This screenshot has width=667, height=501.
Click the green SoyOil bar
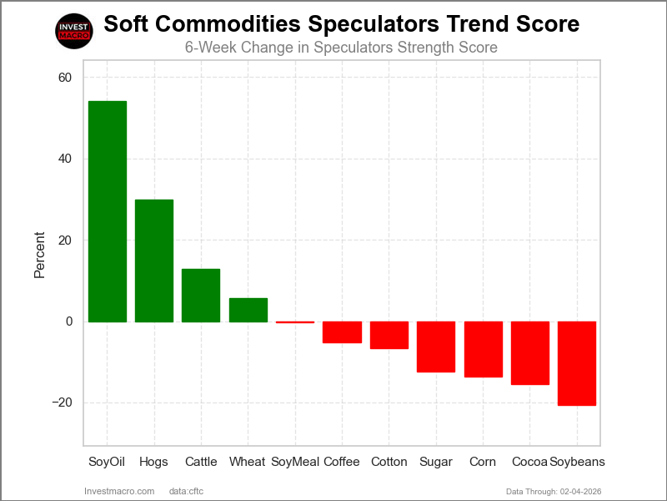(x=108, y=211)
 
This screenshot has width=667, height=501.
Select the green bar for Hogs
(x=154, y=261)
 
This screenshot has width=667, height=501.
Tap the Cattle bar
(x=201, y=295)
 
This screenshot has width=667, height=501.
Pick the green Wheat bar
(x=248, y=310)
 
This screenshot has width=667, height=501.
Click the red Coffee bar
(x=342, y=332)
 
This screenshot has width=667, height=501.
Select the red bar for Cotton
(x=389, y=335)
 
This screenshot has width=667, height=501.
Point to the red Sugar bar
(x=436, y=347)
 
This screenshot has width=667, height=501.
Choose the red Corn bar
(x=483, y=349)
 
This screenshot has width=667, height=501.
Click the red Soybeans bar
(x=577, y=363)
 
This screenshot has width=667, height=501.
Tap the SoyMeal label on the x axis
(x=295, y=462)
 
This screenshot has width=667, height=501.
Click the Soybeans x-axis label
(x=577, y=462)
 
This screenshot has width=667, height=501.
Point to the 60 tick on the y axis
(x=65, y=78)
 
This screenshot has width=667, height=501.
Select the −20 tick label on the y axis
(x=62, y=402)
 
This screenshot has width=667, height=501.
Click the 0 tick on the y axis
(x=69, y=321)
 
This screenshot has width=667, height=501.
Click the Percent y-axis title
(x=40, y=255)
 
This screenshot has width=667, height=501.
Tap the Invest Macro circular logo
(x=73, y=31)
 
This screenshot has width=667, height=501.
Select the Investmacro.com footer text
(x=119, y=490)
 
